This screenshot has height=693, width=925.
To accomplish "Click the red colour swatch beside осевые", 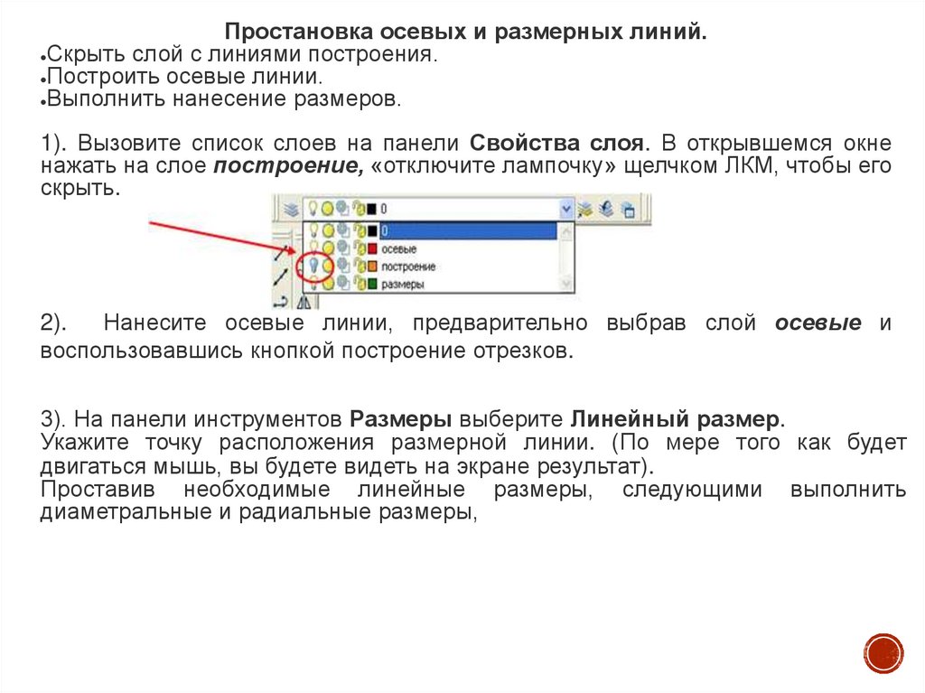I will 372,248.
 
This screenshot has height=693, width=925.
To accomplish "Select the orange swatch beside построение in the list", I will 372,267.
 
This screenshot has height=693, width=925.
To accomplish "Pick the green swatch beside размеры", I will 372,284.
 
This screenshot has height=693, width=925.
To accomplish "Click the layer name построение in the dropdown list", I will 408,267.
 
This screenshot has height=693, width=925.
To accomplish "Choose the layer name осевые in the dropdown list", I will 399,248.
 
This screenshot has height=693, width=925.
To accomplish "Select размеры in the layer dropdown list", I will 403,284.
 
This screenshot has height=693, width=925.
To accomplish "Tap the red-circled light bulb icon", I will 314,267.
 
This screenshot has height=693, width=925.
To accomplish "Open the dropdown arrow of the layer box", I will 566,209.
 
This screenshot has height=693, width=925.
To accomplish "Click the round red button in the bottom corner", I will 883,652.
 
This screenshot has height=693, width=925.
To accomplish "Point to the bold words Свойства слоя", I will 558,144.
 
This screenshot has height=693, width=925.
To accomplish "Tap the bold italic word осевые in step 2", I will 818,323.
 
